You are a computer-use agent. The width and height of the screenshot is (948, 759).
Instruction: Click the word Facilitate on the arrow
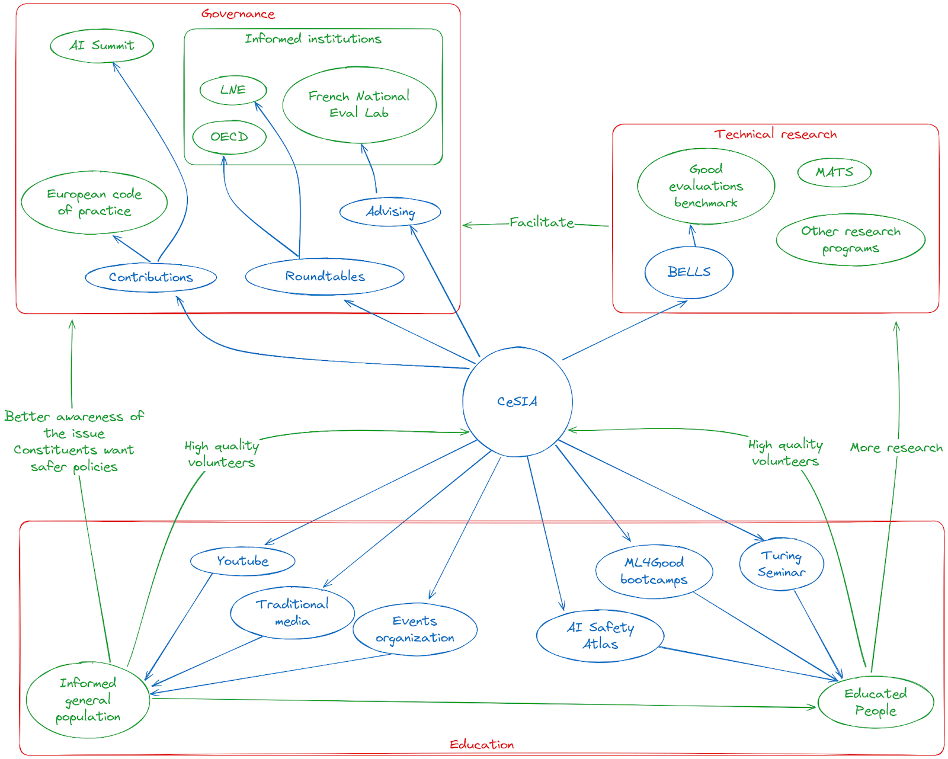[x=542, y=222]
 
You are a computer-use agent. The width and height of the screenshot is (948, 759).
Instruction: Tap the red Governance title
[x=238, y=14]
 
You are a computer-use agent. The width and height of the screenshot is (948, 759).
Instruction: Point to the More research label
[x=896, y=447]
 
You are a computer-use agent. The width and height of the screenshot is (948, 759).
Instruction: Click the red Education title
[x=482, y=744]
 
